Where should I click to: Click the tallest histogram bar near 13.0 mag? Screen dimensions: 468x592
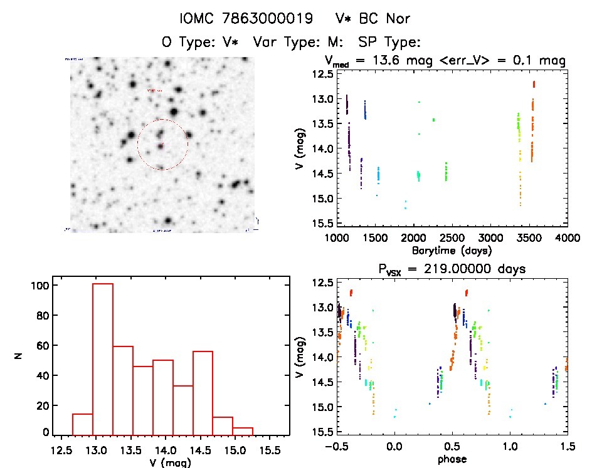(x=103, y=357)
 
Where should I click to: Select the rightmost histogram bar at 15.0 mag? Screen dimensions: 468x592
(x=243, y=431)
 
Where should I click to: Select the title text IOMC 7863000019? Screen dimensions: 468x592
(x=246, y=19)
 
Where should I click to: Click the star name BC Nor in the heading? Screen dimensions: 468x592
(x=374, y=19)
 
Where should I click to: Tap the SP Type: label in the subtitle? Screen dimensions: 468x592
(x=388, y=42)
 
